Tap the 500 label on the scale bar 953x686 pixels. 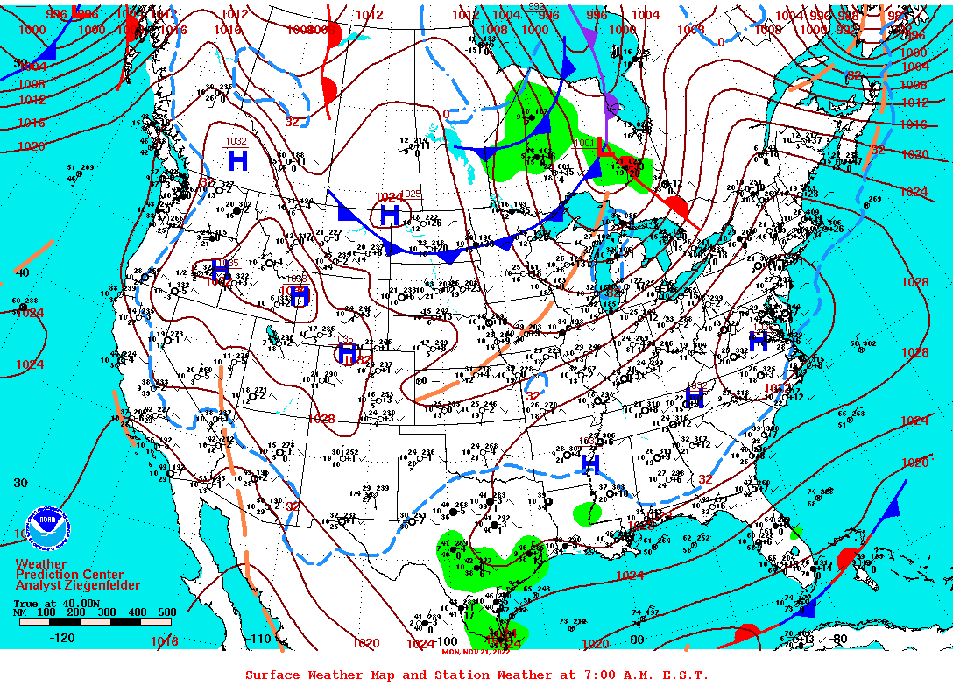point(166,612)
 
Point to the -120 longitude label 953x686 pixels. point(61,638)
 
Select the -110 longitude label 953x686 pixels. point(261,639)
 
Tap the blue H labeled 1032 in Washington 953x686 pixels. point(237,160)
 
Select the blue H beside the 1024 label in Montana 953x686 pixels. point(390,215)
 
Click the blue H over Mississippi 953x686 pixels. point(590,464)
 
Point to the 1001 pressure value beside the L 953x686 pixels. point(584,143)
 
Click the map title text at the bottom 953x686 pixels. point(476,675)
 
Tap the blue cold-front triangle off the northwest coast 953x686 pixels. point(49,53)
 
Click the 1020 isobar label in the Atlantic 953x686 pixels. point(914,462)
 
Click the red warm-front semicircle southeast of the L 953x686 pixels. point(675,207)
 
